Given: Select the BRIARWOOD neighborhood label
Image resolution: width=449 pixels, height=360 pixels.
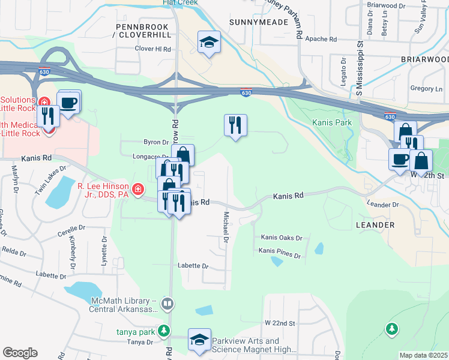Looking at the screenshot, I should [424, 60].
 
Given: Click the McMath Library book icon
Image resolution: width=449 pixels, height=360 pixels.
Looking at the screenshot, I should [167, 305].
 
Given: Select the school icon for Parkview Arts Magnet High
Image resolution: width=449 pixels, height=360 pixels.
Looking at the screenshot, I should [199, 339].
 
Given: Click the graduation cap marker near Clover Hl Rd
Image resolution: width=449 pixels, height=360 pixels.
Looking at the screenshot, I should [209, 42].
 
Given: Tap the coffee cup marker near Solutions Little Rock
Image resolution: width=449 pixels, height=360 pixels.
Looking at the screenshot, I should [69, 101].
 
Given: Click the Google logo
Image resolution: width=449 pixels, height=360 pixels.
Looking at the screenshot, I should [20, 353].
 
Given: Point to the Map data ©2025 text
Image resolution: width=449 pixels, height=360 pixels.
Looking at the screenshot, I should [424, 355].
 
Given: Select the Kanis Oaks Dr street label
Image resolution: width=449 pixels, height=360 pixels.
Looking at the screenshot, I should [281, 238].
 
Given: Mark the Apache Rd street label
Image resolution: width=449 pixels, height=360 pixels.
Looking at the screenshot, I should [321, 39].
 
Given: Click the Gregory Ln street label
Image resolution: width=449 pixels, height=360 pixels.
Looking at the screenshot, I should [426, 89].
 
